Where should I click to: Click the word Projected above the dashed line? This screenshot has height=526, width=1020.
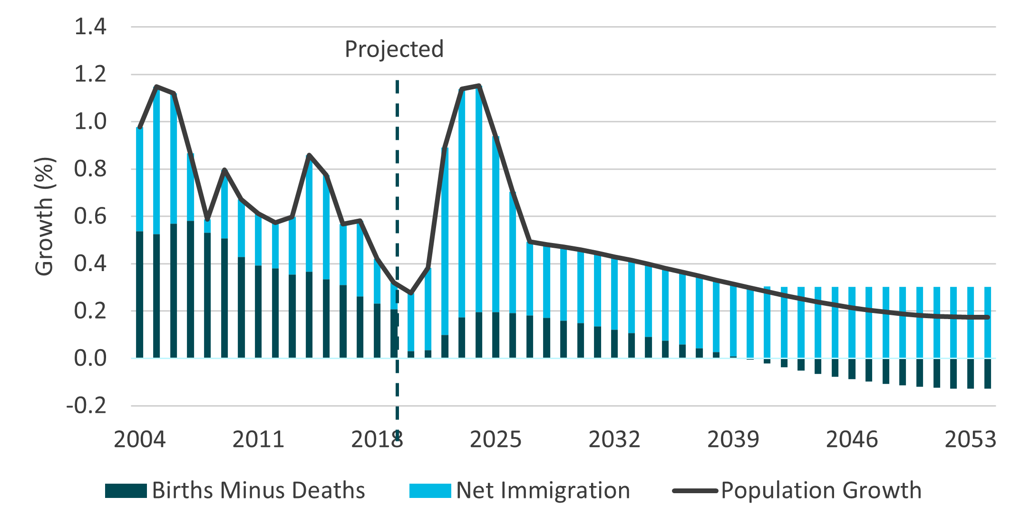[394, 49]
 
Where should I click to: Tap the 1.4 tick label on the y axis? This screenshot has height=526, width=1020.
[90, 27]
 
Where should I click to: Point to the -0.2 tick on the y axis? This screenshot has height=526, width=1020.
[87, 406]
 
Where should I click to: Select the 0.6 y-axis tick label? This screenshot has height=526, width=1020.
[90, 216]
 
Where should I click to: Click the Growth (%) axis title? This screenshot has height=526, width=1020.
[45, 216]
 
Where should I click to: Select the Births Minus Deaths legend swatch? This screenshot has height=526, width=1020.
[126, 491]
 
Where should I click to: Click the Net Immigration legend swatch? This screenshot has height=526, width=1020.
[430, 491]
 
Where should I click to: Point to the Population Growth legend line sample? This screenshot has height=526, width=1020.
[695, 491]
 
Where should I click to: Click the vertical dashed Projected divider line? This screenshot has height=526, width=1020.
[397, 190]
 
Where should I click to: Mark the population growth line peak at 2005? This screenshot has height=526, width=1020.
[156, 87]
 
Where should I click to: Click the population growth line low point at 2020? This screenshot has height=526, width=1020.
[411, 293]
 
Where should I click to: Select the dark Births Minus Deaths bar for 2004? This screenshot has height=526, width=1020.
[139, 295]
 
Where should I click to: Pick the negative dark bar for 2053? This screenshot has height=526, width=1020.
[971, 374]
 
